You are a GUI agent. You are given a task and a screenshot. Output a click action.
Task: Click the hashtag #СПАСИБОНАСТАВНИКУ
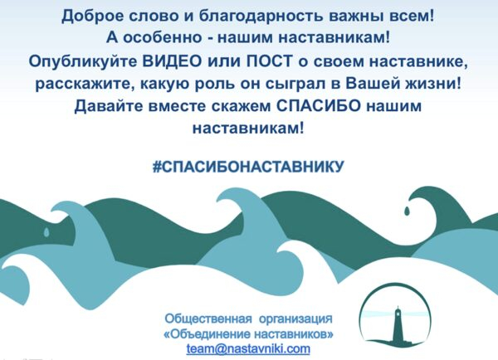(248, 166)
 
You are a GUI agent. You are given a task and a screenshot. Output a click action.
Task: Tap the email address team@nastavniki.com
(248, 349)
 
